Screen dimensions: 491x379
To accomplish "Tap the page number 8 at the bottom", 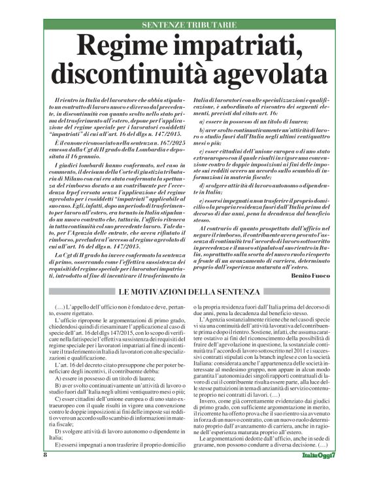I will (46, 473).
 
